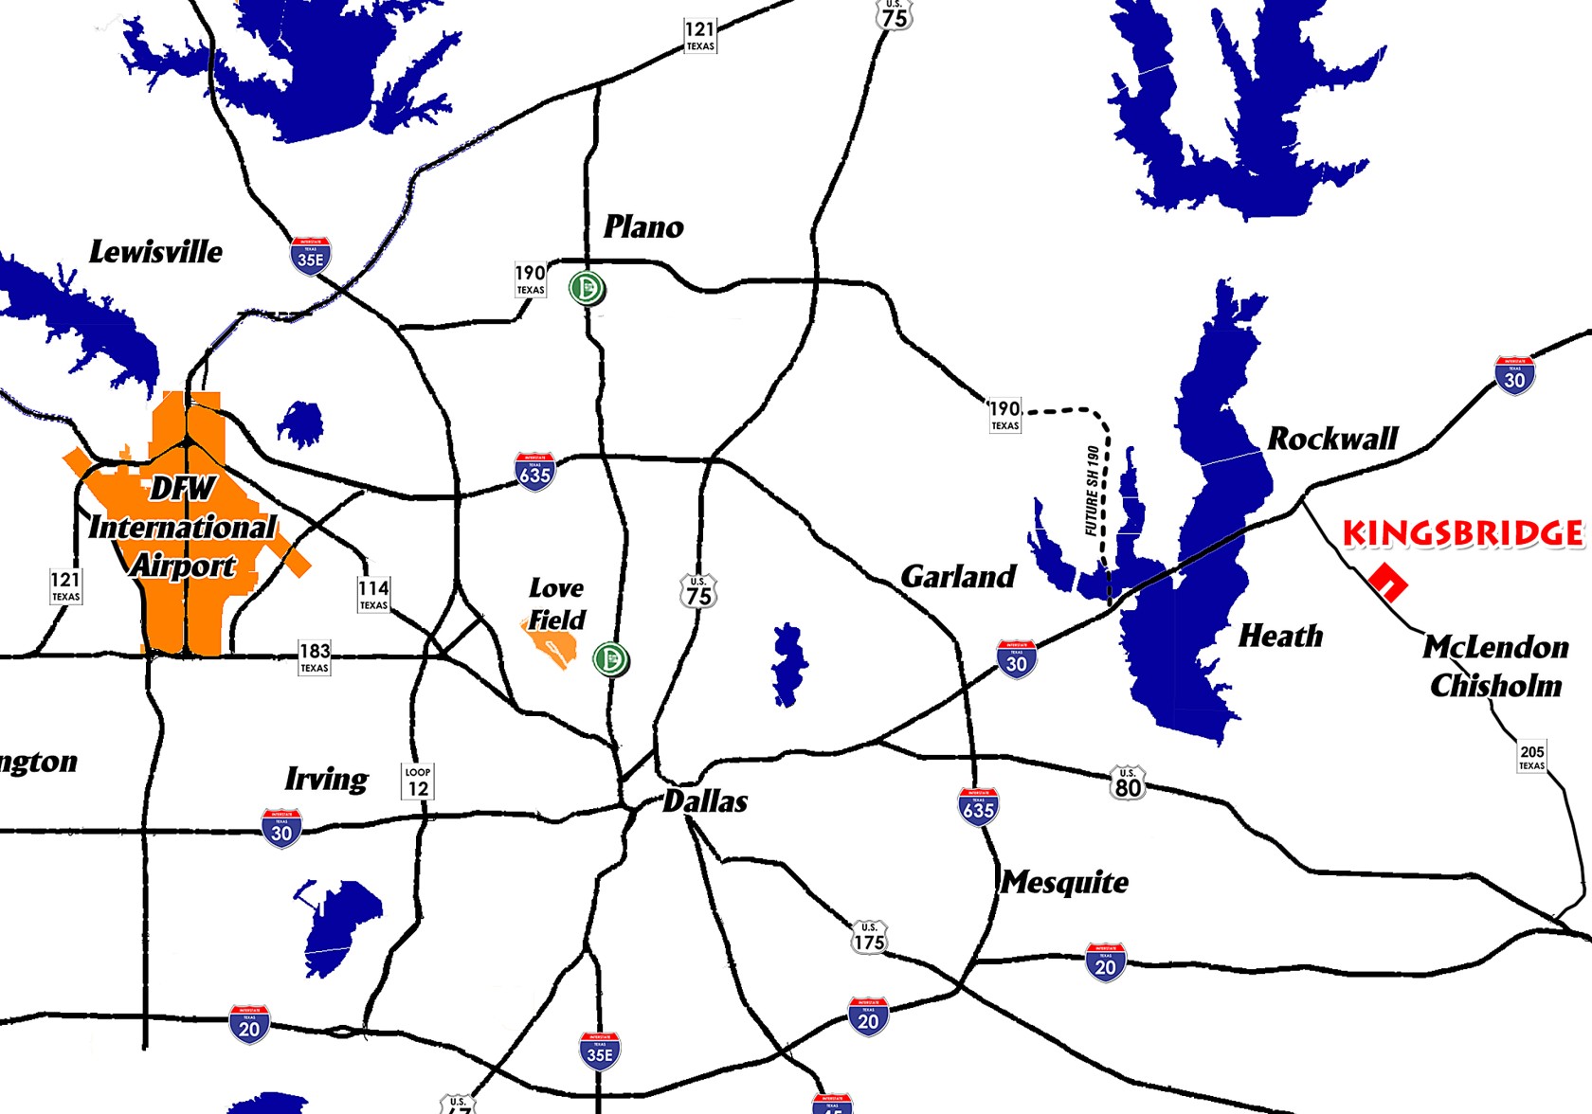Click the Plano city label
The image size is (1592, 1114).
pyautogui.click(x=643, y=227)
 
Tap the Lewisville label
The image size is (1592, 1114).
pyautogui.click(x=155, y=252)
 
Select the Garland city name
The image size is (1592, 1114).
pyautogui.click(x=958, y=576)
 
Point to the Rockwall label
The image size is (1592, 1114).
pyautogui.click(x=1332, y=439)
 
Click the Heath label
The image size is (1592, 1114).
pyautogui.click(x=1280, y=636)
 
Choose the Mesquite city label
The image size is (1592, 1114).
pyautogui.click(x=1065, y=882)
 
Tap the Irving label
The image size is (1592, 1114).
pyautogui.click(x=326, y=779)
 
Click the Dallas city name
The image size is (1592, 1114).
pyautogui.click(x=705, y=801)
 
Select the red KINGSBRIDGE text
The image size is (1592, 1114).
pyautogui.click(x=1463, y=533)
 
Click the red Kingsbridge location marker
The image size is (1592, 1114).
pyautogui.click(x=1388, y=583)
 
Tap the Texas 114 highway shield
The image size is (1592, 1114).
pyautogui.click(x=373, y=595)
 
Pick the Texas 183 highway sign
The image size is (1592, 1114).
pyautogui.click(x=315, y=656)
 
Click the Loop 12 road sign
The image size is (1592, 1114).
pyautogui.click(x=418, y=782)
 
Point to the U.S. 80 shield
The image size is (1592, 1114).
pyautogui.click(x=1128, y=783)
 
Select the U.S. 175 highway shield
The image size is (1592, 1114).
pyautogui.click(x=869, y=937)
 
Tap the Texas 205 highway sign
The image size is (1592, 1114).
pyautogui.click(x=1532, y=757)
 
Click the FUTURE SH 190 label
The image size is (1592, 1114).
pyautogui.click(x=1093, y=491)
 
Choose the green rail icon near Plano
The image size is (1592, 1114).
pyautogui.click(x=588, y=288)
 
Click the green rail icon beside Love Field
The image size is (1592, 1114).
pyautogui.click(x=610, y=658)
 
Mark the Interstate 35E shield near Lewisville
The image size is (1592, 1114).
pyautogui.click(x=311, y=257)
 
